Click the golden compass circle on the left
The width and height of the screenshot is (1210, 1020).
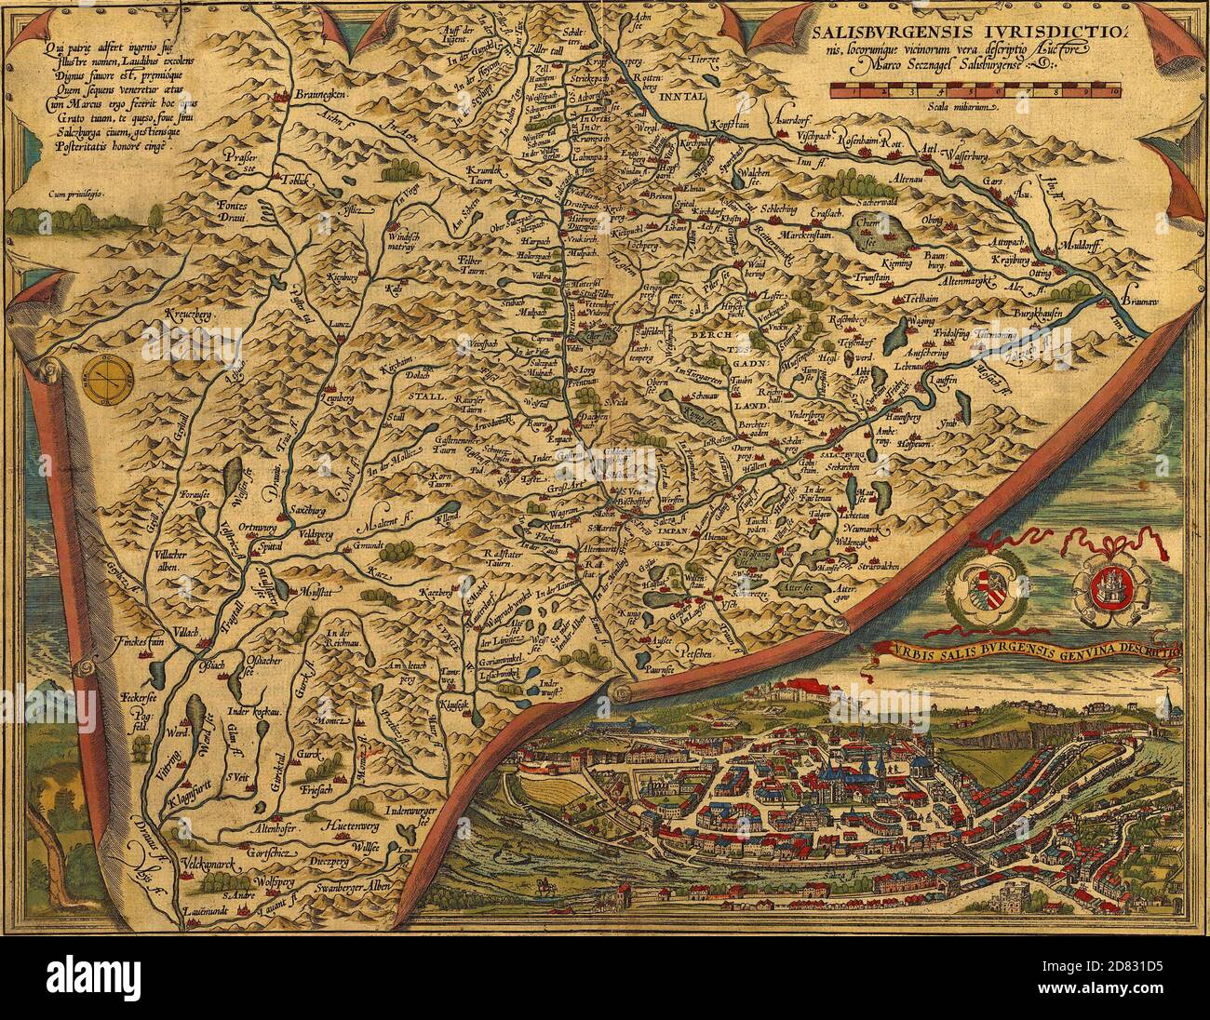pos(108,377)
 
